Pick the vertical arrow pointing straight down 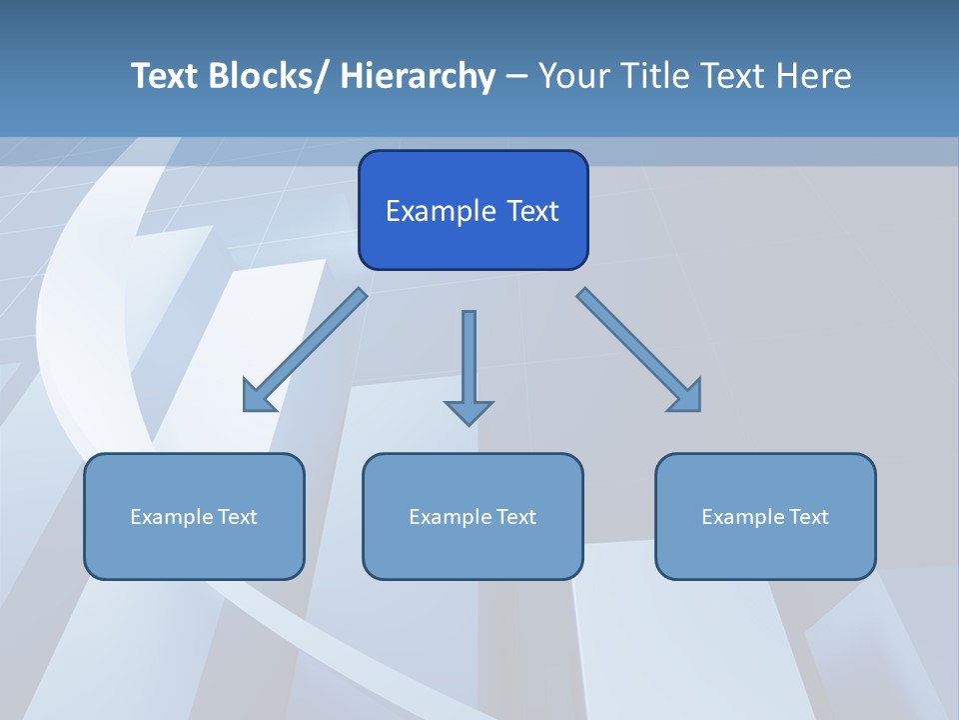pyautogui.click(x=469, y=360)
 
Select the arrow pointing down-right pyautogui.click(x=639, y=350)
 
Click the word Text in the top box pyautogui.click(x=531, y=211)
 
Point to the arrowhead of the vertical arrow pyautogui.click(x=469, y=412)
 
